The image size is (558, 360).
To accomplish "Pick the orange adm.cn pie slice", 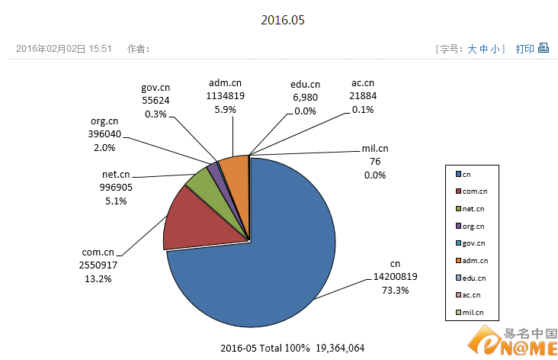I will click(236, 169).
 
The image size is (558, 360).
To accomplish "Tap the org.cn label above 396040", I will click(104, 121).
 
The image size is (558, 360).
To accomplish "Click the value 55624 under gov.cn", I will click(156, 99).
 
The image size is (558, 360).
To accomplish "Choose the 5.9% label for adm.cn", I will click(225, 110).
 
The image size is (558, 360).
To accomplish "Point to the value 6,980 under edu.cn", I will click(305, 98).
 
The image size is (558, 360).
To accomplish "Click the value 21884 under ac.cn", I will click(364, 97).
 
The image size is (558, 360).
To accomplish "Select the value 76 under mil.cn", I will click(374, 162).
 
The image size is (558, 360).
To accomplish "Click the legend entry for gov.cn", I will click(473, 243).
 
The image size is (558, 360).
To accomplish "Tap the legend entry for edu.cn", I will click(473, 278).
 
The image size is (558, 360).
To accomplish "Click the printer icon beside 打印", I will click(544, 48).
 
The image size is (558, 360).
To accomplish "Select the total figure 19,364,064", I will click(338, 348).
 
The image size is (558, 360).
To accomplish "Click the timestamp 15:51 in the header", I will click(101, 49).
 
